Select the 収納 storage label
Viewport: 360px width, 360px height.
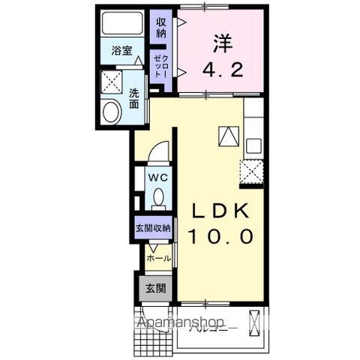click(x=161, y=27)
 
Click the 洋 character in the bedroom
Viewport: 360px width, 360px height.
click(x=222, y=43)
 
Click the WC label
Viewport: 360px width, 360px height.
click(x=157, y=177)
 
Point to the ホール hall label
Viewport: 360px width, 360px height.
click(x=157, y=257)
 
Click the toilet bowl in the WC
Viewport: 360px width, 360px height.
click(x=157, y=197)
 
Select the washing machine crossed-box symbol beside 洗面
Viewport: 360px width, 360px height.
click(x=112, y=80)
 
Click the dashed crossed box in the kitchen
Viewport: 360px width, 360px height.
click(x=252, y=172)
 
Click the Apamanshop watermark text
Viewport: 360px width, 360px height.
click(x=180, y=324)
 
